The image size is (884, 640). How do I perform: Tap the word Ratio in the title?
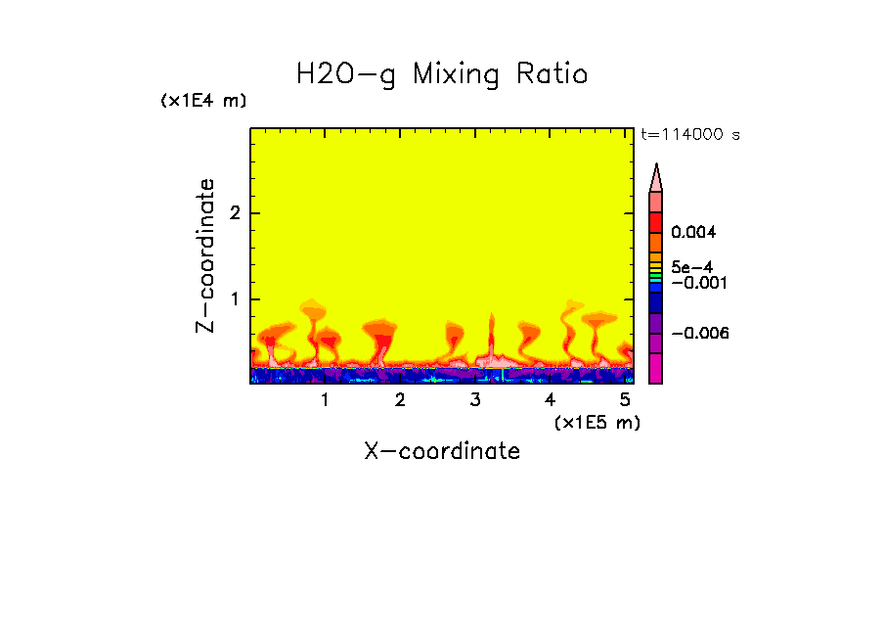pyautogui.click(x=554, y=73)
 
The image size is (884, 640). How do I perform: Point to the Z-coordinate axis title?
pyautogui.click(x=205, y=255)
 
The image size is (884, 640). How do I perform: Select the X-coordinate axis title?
pyautogui.click(x=442, y=451)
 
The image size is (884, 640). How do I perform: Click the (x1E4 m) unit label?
pyautogui.click(x=203, y=101)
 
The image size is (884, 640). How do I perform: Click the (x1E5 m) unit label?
pyautogui.click(x=597, y=422)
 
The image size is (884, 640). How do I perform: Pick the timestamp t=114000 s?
pyautogui.click(x=689, y=135)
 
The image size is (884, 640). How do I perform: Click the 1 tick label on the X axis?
pyautogui.click(x=325, y=400)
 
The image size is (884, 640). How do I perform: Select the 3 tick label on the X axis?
pyautogui.click(x=475, y=400)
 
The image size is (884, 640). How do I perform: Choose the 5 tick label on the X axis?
pyautogui.click(x=625, y=400)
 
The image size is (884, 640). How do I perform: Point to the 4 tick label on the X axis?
pyautogui.click(x=550, y=400)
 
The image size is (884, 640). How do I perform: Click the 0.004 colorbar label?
pyautogui.click(x=694, y=233)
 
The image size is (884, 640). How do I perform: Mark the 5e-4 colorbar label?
pyautogui.click(x=691, y=267)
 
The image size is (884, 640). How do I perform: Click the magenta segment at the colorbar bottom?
pyautogui.click(x=655, y=369)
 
